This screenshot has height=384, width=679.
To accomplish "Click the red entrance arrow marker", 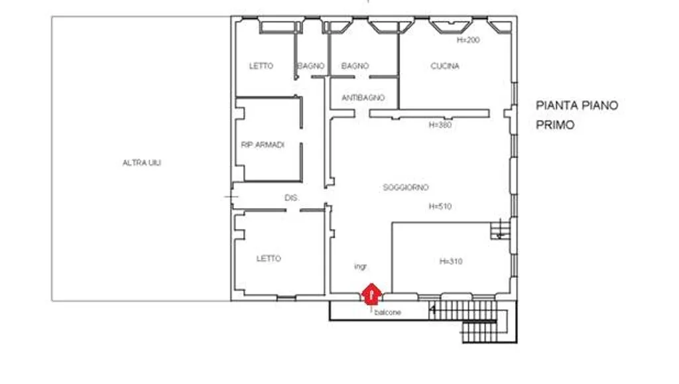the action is click(x=371, y=294).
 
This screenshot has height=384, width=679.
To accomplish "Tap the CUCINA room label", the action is click(x=445, y=66).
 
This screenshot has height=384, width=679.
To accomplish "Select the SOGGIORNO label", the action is click(x=406, y=188).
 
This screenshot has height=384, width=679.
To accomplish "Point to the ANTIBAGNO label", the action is click(x=363, y=98).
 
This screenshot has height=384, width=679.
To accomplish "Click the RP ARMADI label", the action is click(x=263, y=145).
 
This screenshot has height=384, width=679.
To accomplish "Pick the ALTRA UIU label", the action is click(x=142, y=162).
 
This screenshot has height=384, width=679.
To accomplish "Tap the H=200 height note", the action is click(x=468, y=40).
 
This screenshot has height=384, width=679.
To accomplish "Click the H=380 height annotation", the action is click(x=440, y=125).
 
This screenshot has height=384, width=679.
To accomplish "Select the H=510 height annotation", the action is click(x=440, y=206).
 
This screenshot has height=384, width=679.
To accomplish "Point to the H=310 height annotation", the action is click(x=451, y=261).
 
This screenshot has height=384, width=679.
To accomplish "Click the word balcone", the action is click(x=387, y=312).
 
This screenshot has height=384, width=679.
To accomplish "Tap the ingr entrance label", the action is click(x=360, y=267).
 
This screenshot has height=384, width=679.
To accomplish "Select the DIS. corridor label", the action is click(x=292, y=198).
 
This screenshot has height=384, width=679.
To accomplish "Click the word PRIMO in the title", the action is click(x=555, y=125).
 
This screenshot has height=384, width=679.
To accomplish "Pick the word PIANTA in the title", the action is click(x=557, y=105).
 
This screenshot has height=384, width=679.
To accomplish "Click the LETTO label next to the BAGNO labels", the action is click(x=261, y=66).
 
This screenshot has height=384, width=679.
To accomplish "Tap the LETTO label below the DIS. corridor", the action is click(x=269, y=259).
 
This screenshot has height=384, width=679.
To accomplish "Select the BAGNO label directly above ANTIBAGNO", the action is click(x=355, y=66).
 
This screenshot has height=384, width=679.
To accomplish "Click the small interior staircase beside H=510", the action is click(x=500, y=230).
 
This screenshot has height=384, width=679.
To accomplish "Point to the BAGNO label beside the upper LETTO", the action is click(x=311, y=66).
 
